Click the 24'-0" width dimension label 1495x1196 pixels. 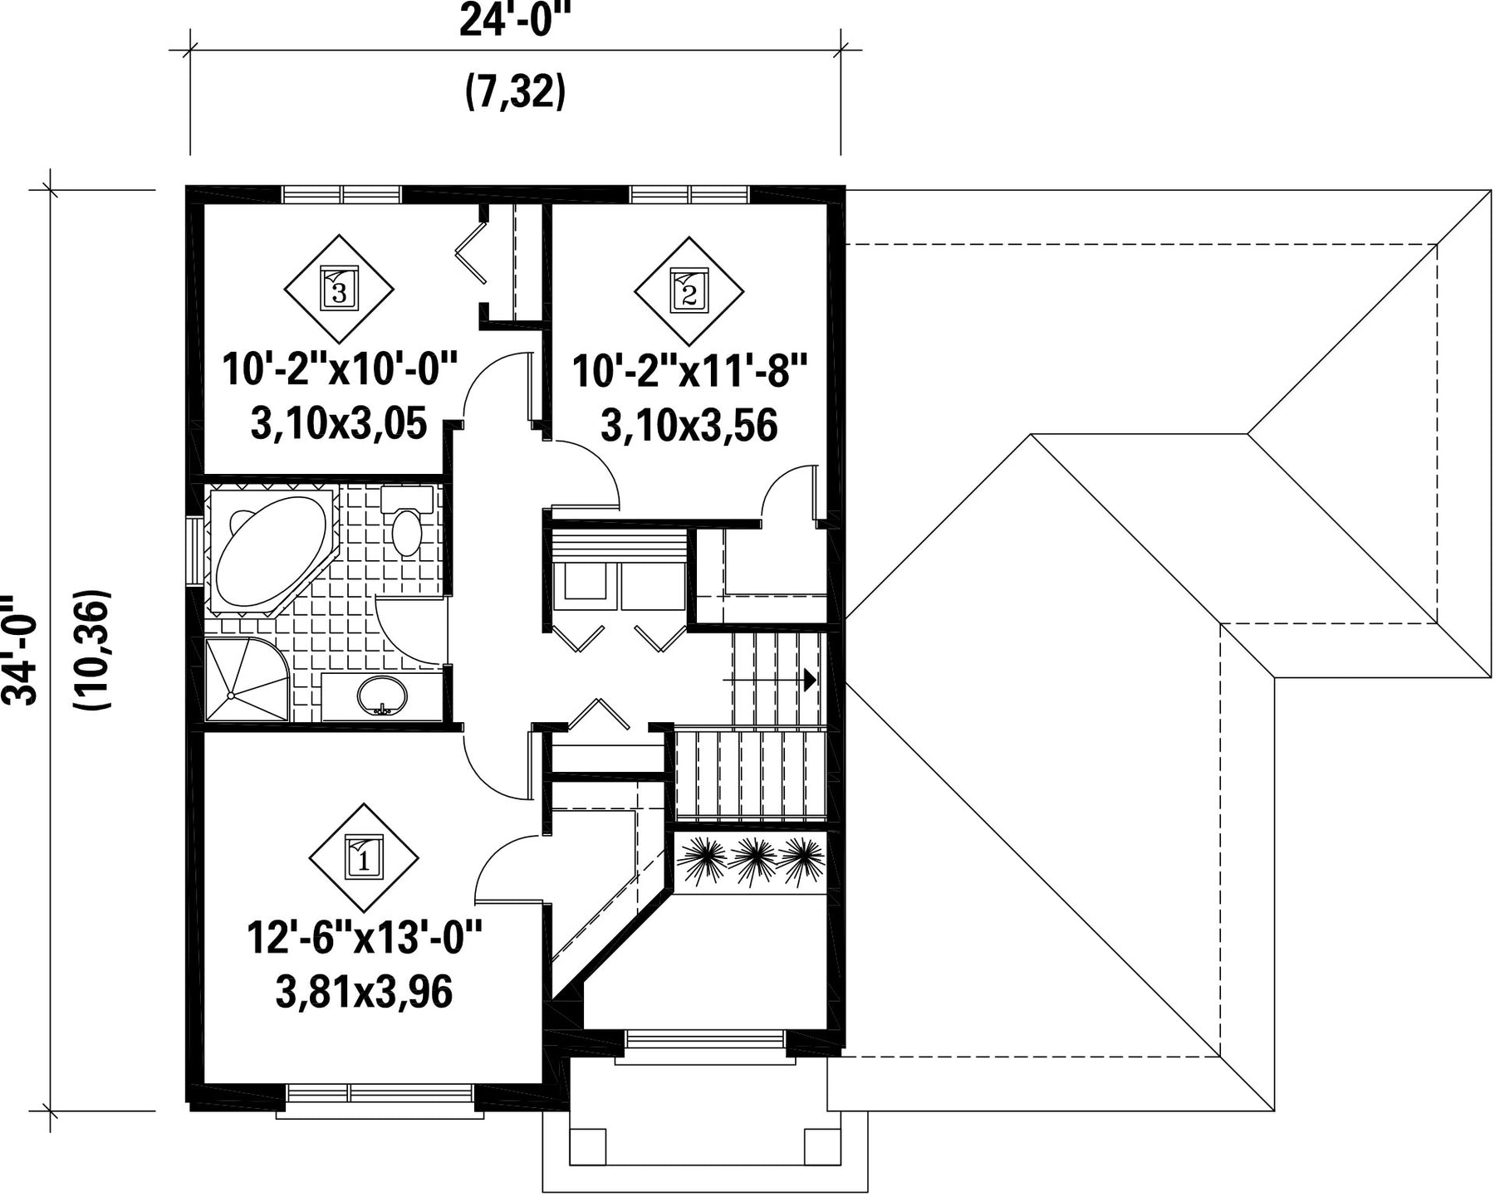pyautogui.click(x=515, y=20)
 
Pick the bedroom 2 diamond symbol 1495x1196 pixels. pyautogui.click(x=689, y=290)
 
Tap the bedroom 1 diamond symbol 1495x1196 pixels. pyautogui.click(x=364, y=857)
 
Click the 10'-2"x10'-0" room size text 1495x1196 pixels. pyautogui.click(x=340, y=369)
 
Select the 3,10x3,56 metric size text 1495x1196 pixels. pyautogui.click(x=689, y=425)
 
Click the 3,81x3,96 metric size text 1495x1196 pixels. pyautogui.click(x=364, y=992)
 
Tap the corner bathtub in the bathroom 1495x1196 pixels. pyautogui.click(x=270, y=551)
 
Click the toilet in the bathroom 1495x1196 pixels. pyautogui.click(x=407, y=520)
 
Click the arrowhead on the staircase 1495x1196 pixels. pyautogui.click(x=811, y=680)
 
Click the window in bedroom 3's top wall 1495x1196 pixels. pyautogui.click(x=341, y=194)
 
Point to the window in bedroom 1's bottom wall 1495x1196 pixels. pyautogui.click(x=381, y=1093)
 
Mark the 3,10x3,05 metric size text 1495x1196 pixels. pyautogui.click(x=339, y=424)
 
